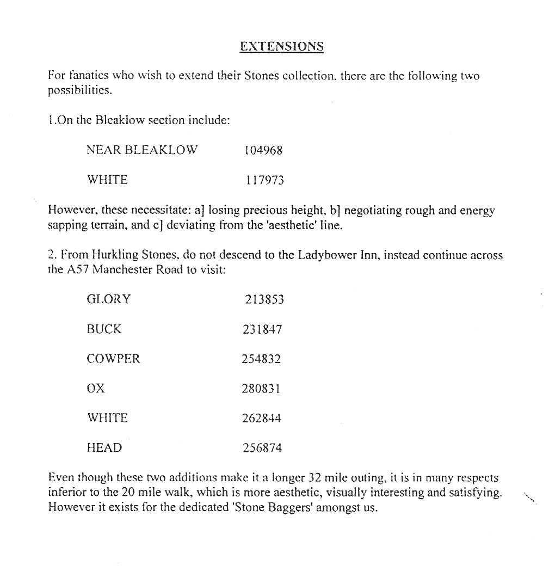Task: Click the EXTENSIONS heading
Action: [281, 46]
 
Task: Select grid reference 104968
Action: [264, 150]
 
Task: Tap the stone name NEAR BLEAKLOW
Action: [142, 150]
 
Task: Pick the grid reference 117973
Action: [264, 180]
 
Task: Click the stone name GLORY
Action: [109, 299]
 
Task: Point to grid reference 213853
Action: [264, 299]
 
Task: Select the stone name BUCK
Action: [104, 329]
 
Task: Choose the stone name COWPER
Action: [113, 359]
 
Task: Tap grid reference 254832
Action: [262, 359]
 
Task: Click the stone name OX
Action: [95, 389]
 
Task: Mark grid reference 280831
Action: [262, 389]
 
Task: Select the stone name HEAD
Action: [104, 448]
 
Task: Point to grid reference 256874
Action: [262, 448]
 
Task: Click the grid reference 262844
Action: [262, 419]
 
